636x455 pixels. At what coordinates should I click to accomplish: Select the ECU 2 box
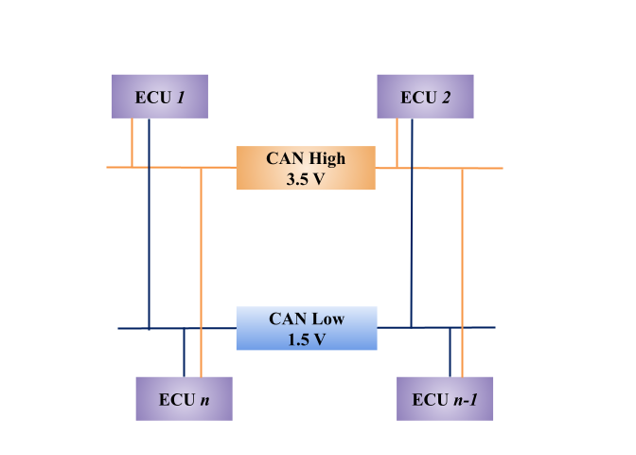coord(425,97)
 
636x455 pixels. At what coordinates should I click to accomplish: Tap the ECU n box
coord(184,398)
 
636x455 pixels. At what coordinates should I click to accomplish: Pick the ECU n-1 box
coord(444,398)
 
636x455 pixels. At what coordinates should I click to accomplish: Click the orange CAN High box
coord(306,168)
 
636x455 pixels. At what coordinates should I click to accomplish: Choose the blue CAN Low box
coord(306,328)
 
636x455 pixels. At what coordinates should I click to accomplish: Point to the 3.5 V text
coord(306,178)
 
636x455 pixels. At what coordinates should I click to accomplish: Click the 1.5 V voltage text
coord(306,338)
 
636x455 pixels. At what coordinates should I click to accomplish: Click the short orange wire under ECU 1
coord(132,142)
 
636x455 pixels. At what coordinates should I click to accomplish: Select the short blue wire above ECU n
coord(184,353)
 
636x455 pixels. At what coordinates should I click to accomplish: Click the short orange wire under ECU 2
coord(397,142)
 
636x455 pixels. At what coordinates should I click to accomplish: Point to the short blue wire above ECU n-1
coord(450,353)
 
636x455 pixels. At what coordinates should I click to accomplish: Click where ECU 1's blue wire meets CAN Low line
coord(149,328)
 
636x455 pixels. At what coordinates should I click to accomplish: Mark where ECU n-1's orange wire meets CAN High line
coord(462,168)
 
